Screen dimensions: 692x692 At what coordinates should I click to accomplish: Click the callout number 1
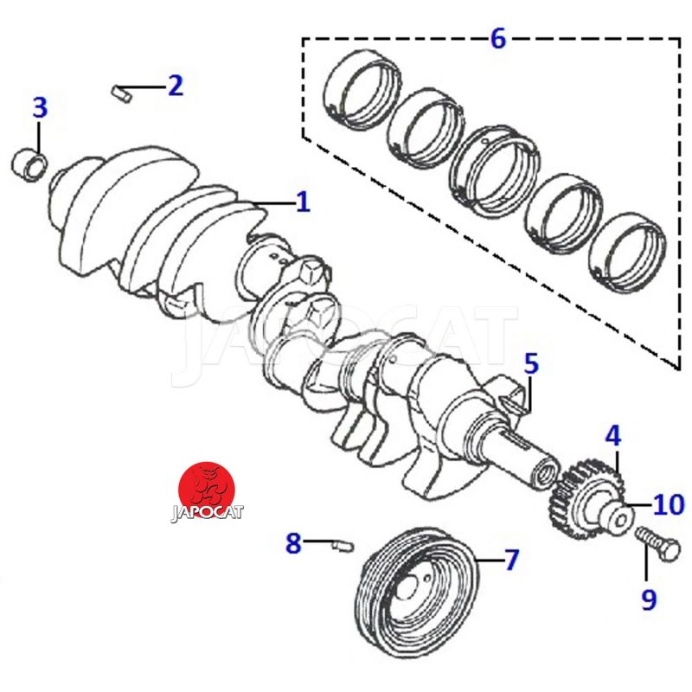pyautogui.click(x=303, y=202)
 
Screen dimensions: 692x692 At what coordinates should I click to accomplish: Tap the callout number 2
pyautogui.click(x=175, y=85)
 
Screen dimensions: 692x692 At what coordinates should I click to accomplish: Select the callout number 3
pyautogui.click(x=40, y=109)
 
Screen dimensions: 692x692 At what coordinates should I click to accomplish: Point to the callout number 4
pyautogui.click(x=612, y=435)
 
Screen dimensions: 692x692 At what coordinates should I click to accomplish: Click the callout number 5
pyautogui.click(x=530, y=363)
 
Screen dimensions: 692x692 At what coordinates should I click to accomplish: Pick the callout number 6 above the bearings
pyautogui.click(x=497, y=39)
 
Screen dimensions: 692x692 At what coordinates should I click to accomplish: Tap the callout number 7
pyautogui.click(x=511, y=560)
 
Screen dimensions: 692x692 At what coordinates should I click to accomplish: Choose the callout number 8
pyautogui.click(x=294, y=543)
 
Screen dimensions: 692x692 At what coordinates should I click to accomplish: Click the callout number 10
pyautogui.click(x=669, y=503)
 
